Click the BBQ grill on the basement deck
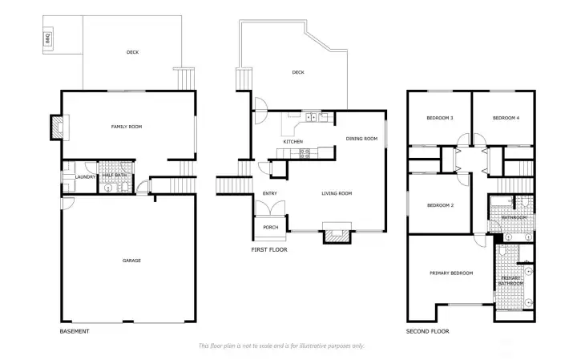pyautogui.click(x=47, y=38)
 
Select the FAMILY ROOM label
pyautogui.click(x=126, y=127)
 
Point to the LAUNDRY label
pyautogui.click(x=86, y=177)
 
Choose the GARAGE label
pyautogui.click(x=131, y=261)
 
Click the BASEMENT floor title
pyautogui.click(x=75, y=331)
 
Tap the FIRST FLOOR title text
pyautogui.click(x=269, y=250)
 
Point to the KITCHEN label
pyautogui.click(x=293, y=142)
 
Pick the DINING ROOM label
pyautogui.click(x=361, y=139)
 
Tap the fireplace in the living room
pyautogui.click(x=335, y=234)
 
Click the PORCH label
pyautogui.click(x=270, y=227)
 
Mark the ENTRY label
pyautogui.click(x=270, y=193)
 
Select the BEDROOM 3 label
pyautogui.click(x=440, y=119)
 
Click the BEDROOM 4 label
pyautogui.click(x=506, y=119)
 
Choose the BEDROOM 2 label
pyautogui.click(x=440, y=205)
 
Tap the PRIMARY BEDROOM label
pyautogui.click(x=451, y=273)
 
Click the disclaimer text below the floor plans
pyautogui.click(x=280, y=346)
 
